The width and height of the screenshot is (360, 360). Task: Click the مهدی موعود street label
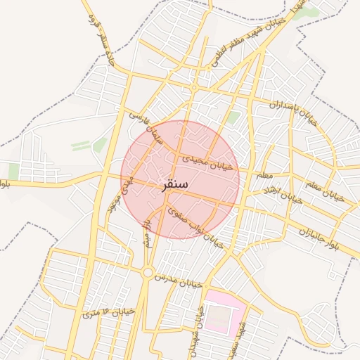[118, 195]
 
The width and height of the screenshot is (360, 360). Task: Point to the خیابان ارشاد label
[281, 196]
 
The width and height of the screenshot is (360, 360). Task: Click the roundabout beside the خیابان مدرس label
[148, 273]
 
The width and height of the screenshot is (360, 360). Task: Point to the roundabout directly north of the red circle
[193, 89]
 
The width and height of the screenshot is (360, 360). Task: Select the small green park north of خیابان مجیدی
[233, 117]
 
